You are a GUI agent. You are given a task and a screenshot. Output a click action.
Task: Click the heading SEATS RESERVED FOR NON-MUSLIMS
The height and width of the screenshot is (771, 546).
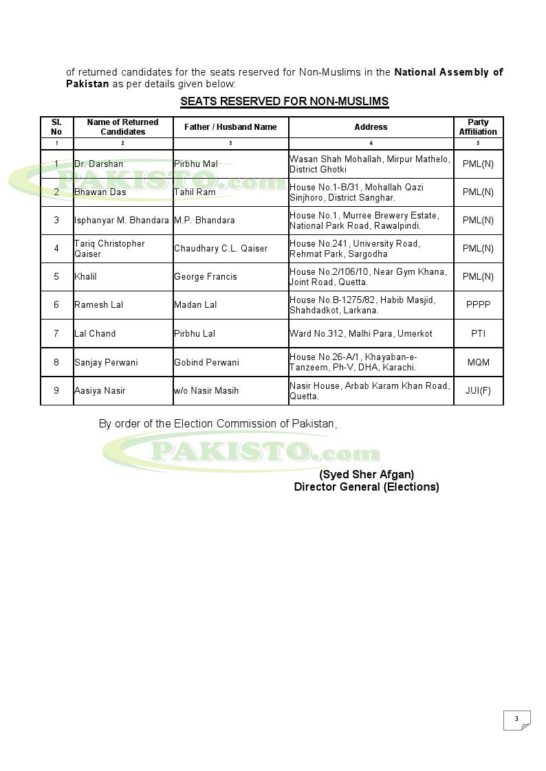click(284, 102)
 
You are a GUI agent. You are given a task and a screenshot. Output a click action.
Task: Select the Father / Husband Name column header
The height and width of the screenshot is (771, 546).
click(230, 127)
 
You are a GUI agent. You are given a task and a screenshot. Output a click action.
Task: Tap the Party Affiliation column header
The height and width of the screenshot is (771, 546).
click(478, 127)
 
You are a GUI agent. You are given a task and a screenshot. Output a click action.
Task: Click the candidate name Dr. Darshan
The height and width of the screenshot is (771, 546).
click(99, 164)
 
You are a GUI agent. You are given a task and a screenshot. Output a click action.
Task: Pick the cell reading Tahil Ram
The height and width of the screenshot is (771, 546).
click(195, 192)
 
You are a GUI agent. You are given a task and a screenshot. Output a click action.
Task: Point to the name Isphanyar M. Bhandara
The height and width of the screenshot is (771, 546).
click(121, 221)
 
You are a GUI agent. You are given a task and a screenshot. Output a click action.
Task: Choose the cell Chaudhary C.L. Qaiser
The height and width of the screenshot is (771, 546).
click(221, 249)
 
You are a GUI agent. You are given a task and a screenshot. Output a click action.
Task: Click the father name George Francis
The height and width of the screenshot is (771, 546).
click(206, 277)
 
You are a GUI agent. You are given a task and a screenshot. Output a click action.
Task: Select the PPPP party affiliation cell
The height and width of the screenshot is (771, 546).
click(478, 305)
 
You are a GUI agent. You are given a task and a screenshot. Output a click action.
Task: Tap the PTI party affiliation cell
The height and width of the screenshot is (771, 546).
click(478, 334)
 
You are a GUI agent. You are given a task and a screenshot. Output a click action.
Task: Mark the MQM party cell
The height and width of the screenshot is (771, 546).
click(478, 362)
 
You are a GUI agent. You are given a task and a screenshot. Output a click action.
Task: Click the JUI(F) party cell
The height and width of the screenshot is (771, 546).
click(478, 391)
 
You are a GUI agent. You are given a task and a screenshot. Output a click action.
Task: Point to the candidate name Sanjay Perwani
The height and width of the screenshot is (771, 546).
click(106, 362)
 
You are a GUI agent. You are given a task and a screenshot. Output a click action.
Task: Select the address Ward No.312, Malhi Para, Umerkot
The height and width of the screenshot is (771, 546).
click(361, 334)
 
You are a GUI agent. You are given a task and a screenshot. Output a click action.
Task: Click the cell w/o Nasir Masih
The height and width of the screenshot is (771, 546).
click(206, 391)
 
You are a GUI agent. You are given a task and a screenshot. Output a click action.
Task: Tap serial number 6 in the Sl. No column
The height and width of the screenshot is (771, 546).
click(56, 305)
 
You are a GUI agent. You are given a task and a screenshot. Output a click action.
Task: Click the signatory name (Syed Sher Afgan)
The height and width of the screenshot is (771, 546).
click(367, 475)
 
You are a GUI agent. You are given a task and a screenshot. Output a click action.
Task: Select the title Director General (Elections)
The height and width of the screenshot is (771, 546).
click(367, 487)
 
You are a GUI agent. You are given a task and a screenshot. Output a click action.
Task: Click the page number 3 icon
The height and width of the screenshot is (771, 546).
click(517, 719)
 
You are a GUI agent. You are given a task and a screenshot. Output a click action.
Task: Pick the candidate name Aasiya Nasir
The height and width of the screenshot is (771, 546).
click(100, 391)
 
